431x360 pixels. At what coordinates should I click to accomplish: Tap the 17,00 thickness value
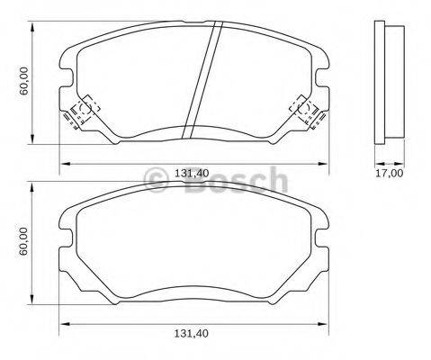click(389, 173)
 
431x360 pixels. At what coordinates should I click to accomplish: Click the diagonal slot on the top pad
click(202, 81)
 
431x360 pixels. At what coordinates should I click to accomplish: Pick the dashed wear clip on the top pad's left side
click(78, 112)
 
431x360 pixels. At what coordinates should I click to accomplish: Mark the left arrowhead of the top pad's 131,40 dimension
click(63, 162)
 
